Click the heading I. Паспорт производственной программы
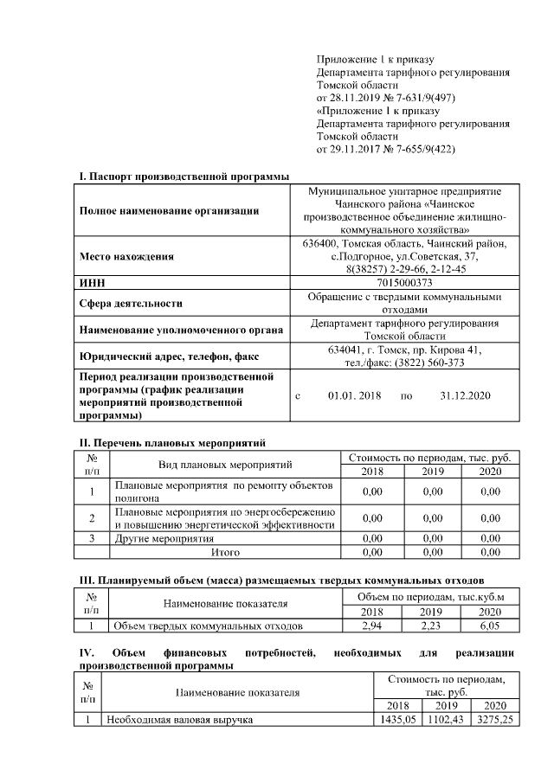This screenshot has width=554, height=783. point(184,176)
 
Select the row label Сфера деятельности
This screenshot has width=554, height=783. point(131,304)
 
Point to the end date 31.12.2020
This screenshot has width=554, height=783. point(465,395)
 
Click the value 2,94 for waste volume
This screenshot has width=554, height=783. point(374,625)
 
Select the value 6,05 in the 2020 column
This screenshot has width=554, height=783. point(490,625)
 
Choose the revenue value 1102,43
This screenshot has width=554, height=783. point(446,719)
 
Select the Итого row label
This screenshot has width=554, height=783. point(226,551)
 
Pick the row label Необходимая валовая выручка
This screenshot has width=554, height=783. point(180,719)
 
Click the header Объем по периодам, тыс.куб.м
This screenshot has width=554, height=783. point(431,597)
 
